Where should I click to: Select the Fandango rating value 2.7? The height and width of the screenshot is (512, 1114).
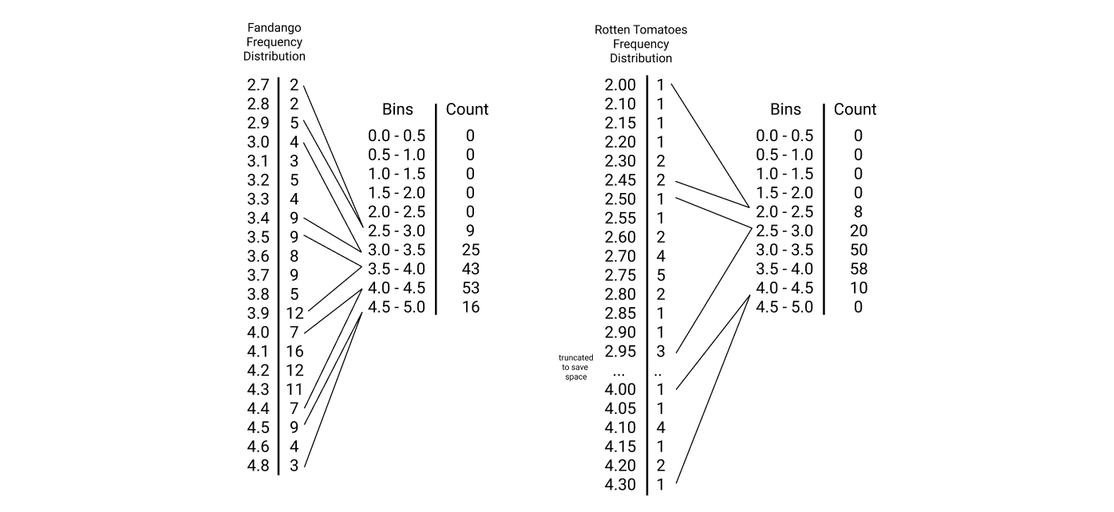(258, 85)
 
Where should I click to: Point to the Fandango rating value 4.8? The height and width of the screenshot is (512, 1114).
(258, 466)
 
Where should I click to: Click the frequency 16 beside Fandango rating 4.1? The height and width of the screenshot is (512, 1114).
(294, 352)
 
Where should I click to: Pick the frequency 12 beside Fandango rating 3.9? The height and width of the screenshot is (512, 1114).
(294, 313)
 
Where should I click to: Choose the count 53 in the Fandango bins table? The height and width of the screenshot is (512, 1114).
(470, 288)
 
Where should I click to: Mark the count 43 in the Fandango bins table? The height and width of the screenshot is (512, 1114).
(470, 269)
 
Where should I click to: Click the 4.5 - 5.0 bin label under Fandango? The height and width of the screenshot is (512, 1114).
(397, 307)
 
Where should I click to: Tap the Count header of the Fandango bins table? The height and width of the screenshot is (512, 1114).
(467, 109)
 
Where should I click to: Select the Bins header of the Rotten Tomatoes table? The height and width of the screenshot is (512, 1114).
(785, 109)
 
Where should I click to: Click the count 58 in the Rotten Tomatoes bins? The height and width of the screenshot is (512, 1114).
(858, 269)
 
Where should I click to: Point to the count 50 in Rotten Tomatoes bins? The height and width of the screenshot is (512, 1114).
(858, 250)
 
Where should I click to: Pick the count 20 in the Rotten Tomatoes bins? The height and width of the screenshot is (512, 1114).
(858, 230)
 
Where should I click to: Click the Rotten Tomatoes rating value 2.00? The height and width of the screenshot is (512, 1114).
(621, 85)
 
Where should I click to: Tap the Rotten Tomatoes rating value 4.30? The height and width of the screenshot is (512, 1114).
(621, 485)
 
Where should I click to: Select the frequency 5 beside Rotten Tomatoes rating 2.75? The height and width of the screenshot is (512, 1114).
(660, 275)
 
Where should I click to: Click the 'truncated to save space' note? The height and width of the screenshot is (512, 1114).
(575, 367)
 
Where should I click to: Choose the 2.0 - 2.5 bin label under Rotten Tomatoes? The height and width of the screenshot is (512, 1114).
(785, 211)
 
